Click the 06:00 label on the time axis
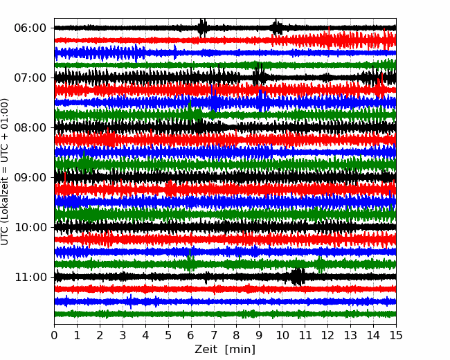click(30, 28)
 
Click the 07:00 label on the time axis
click(30, 78)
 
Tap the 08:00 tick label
click(30, 127)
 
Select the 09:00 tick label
click(30, 177)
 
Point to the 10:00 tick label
click(30, 227)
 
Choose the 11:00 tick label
click(30, 277)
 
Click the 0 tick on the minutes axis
click(54, 335)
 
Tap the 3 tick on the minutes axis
click(123, 335)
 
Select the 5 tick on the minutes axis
click(168, 335)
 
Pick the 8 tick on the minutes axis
click(237, 335)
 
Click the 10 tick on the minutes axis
click(282, 335)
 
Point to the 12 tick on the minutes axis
click(327, 335)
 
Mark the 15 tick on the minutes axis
click(396, 335)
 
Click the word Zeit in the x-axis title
click(207, 349)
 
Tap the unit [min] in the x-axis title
click(240, 350)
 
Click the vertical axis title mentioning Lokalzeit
click(4, 172)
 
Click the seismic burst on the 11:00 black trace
click(297, 277)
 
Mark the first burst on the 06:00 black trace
click(202, 28)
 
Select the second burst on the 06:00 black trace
click(276, 28)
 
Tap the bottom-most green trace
click(225, 314)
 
